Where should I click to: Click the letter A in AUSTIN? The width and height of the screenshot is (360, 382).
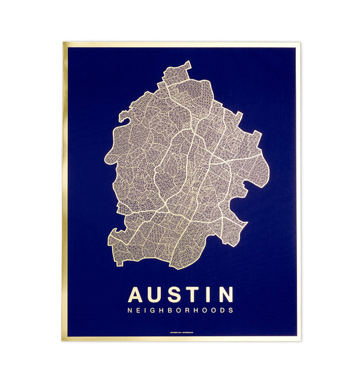[x=137, y=295]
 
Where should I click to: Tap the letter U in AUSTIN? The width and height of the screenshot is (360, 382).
[x=158, y=295]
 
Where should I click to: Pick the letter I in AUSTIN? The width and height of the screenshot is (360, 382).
[x=212, y=295]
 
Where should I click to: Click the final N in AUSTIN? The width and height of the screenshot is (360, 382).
[x=227, y=295]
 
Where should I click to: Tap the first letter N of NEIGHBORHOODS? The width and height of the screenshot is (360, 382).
[x=130, y=311]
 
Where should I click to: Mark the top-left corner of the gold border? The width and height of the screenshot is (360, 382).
[x=64, y=42]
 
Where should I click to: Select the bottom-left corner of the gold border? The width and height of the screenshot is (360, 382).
[x=62, y=341]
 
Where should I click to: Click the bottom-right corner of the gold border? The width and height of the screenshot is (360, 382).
[x=299, y=340]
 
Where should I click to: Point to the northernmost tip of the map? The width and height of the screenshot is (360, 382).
[x=189, y=61]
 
